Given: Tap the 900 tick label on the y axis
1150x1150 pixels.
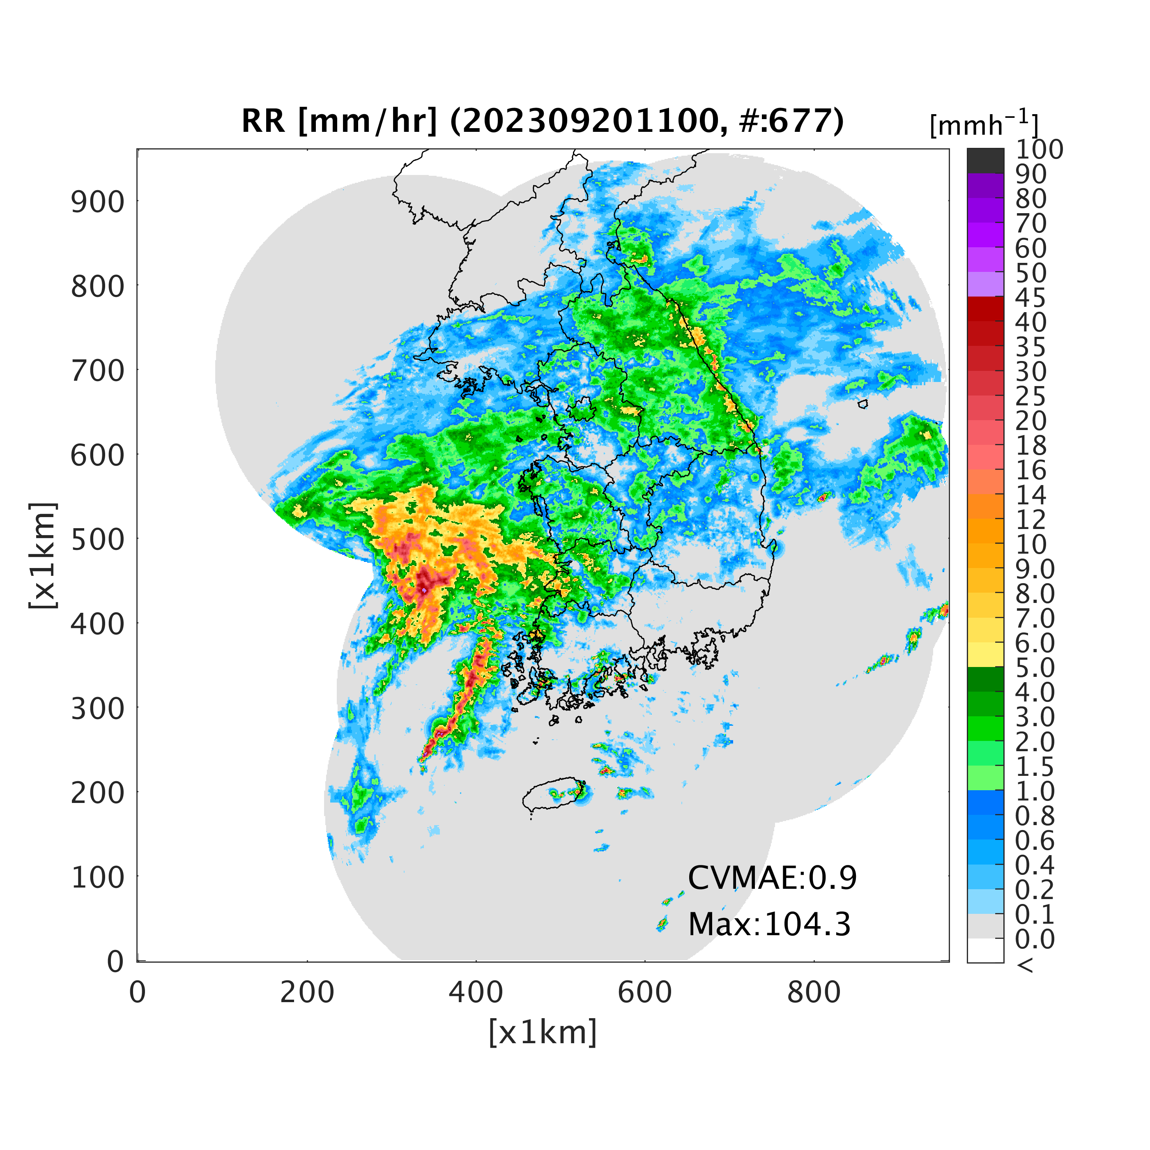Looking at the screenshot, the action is click(98, 202).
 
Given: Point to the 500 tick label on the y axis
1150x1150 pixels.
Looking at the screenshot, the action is click(98, 540).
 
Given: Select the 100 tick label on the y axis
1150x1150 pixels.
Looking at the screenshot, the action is click(98, 877).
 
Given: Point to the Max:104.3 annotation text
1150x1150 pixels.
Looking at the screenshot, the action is click(769, 925).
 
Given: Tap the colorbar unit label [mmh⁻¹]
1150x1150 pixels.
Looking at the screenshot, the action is click(984, 124).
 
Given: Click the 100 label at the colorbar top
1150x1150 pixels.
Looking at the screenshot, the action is click(1039, 149).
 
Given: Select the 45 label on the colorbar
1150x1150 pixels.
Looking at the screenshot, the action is click(1031, 298).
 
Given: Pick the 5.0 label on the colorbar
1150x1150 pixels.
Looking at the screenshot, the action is click(1035, 668).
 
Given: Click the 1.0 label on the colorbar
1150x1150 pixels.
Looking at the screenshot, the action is click(1035, 791).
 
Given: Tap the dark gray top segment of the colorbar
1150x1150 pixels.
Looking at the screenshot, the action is click(985, 161).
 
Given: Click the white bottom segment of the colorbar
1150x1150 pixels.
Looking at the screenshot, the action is click(985, 950).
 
